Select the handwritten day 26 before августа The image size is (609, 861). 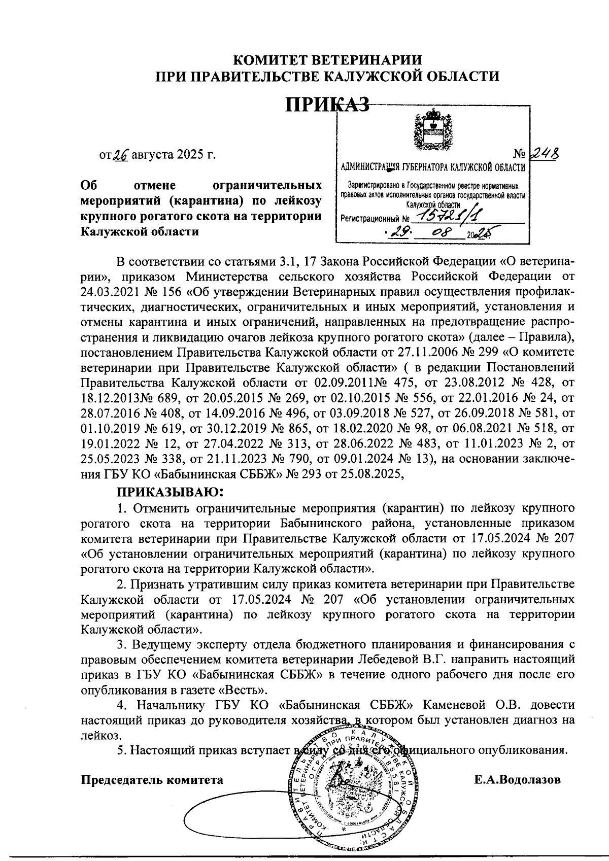point(121,154)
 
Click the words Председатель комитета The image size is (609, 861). point(152,779)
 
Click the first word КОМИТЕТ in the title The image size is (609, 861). point(268,60)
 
